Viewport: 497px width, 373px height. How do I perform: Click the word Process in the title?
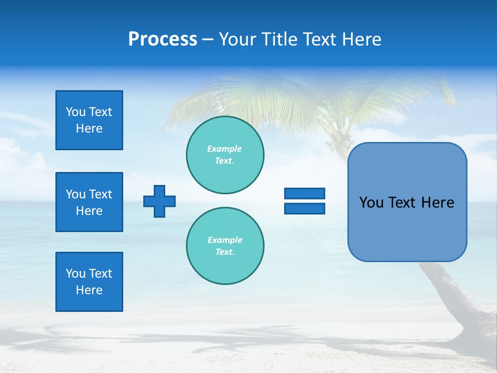[x=163, y=39]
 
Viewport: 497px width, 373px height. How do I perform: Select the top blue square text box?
[x=89, y=120]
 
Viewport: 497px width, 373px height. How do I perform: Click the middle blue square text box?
[x=89, y=202]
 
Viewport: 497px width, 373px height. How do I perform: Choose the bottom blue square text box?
[x=89, y=282]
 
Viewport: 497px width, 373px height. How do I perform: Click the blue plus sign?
[x=159, y=201]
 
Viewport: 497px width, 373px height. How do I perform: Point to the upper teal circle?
[x=225, y=155]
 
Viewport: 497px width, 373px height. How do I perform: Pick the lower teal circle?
[x=225, y=246]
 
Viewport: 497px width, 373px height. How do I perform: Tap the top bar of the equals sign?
[x=304, y=194]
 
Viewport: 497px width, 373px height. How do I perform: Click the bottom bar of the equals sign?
[x=304, y=208]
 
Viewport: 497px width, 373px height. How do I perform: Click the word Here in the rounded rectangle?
[x=437, y=203]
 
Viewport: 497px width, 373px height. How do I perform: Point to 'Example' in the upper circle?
[x=225, y=149]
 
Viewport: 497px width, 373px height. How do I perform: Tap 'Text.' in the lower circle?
[x=225, y=252]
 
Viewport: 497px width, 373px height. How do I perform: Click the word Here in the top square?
[x=89, y=128]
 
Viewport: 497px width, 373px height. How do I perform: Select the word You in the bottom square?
[x=75, y=274]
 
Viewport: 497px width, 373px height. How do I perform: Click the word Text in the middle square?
[x=100, y=194]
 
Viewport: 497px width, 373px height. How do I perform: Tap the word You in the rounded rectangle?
[x=371, y=203]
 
